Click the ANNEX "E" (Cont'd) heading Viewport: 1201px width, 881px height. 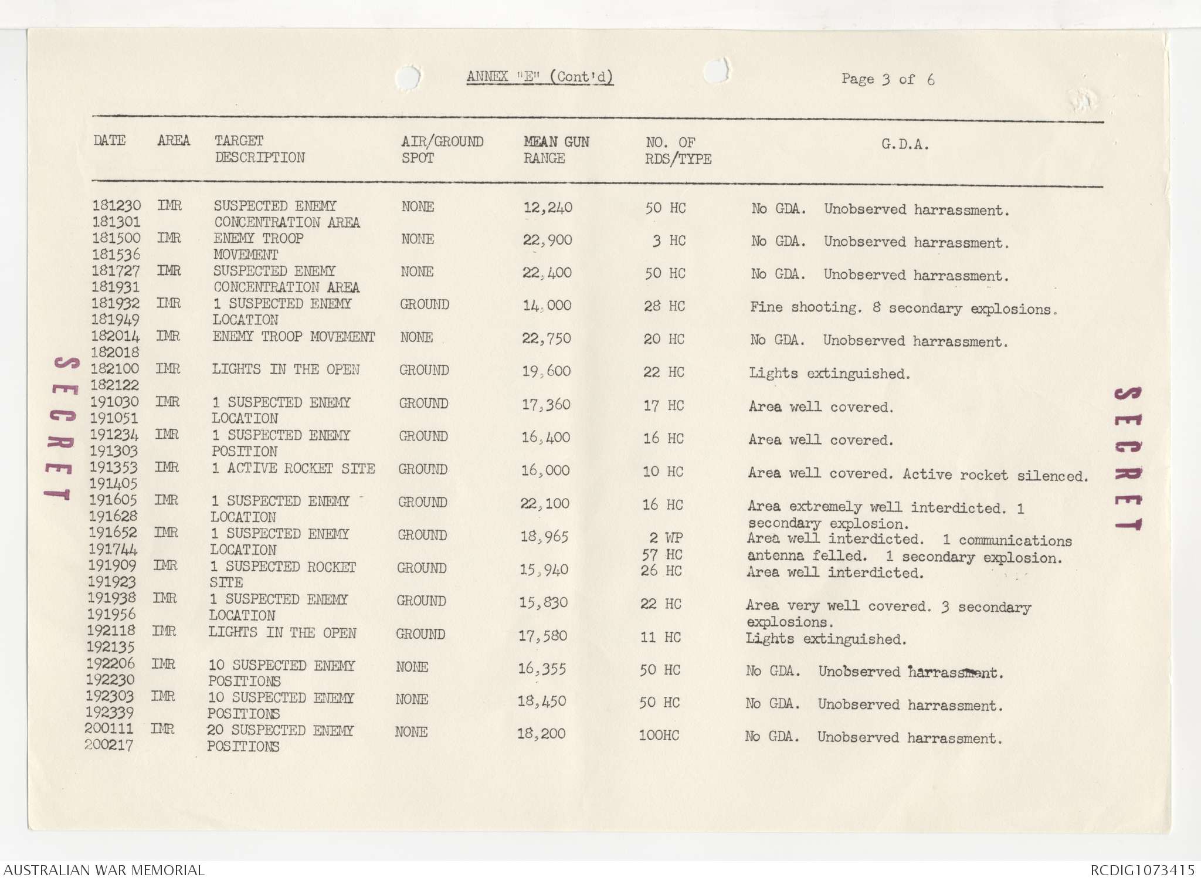click(540, 77)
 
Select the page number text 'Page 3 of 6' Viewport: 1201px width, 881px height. click(887, 79)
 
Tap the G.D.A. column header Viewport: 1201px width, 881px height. click(904, 145)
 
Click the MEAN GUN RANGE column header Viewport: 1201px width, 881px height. click(556, 150)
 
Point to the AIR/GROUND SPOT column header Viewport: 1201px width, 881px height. click(442, 150)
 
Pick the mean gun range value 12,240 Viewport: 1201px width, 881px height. click(548, 208)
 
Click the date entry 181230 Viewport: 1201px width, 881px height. click(116, 206)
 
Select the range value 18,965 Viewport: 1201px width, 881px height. click(544, 536)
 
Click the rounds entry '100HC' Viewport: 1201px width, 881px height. click(659, 735)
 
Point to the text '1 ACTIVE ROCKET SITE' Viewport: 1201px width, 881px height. click(293, 469)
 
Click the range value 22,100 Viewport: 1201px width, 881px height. click(545, 503)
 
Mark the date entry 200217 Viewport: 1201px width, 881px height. click(109, 745)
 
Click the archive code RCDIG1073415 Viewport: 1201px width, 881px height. click(1142, 870)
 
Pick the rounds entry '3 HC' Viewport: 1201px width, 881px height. click(669, 240)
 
